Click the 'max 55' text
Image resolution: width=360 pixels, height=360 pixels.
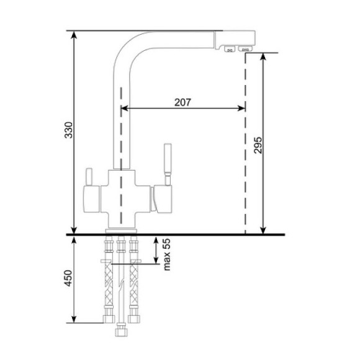(166, 255)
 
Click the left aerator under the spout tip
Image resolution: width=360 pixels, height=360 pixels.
(228, 49)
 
